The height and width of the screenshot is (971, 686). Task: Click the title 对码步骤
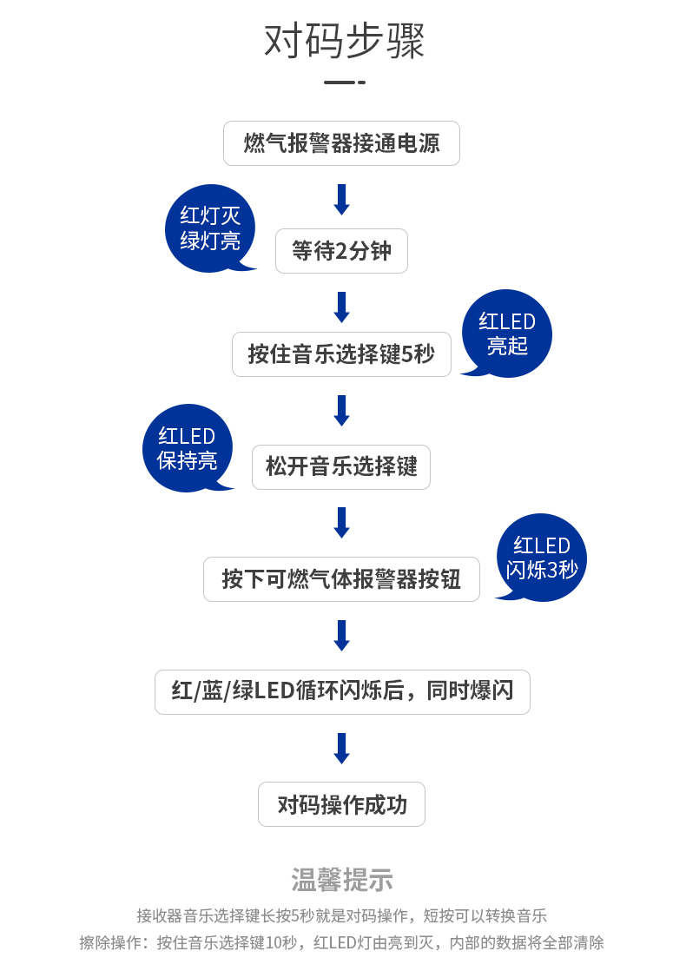pyautogui.click(x=344, y=41)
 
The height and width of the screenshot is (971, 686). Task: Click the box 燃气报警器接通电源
pyautogui.click(x=341, y=143)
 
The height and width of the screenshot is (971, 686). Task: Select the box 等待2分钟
pyautogui.click(x=341, y=251)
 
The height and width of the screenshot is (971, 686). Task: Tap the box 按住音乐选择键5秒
pyautogui.click(x=341, y=354)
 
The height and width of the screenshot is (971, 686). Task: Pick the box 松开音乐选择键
pyautogui.click(x=341, y=467)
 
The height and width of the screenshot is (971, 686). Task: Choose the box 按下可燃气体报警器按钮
pyautogui.click(x=341, y=579)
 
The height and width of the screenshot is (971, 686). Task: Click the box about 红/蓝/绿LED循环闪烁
pyautogui.click(x=342, y=692)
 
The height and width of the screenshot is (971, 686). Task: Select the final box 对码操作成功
pyautogui.click(x=341, y=804)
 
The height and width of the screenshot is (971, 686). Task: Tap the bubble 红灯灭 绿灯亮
pyautogui.click(x=209, y=228)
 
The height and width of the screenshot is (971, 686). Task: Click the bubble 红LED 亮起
pyautogui.click(x=507, y=334)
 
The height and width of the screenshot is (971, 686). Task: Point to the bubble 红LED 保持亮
pyautogui.click(x=187, y=448)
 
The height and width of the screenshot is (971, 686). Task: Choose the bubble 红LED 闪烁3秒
pyautogui.click(x=542, y=558)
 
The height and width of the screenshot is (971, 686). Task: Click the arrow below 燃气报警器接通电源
pyautogui.click(x=341, y=199)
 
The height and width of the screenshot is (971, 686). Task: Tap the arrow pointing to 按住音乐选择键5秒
pyautogui.click(x=341, y=307)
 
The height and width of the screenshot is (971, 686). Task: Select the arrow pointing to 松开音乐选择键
pyautogui.click(x=341, y=411)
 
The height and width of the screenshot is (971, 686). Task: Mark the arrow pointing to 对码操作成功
pyautogui.click(x=341, y=748)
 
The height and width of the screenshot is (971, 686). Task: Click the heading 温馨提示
pyautogui.click(x=342, y=880)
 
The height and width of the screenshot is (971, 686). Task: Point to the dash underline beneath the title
pyautogui.click(x=344, y=83)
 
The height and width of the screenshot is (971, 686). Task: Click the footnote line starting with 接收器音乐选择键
pyautogui.click(x=342, y=915)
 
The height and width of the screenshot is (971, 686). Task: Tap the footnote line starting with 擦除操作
pyautogui.click(x=342, y=942)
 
